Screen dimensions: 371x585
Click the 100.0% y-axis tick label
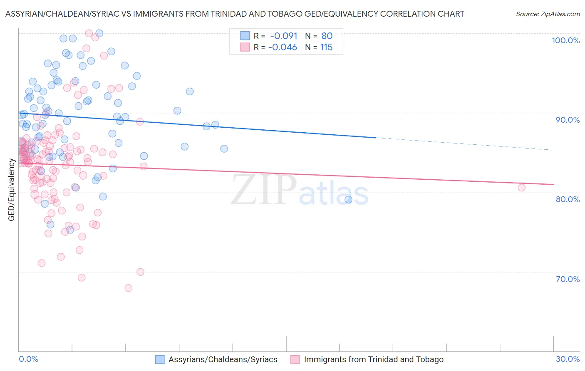[565, 40]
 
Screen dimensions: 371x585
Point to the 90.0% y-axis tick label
[568, 120]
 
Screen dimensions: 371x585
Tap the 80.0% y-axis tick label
[568, 199]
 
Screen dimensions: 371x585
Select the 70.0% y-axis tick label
[568, 279]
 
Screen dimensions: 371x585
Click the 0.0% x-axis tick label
[28, 359]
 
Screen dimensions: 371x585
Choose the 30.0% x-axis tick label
[568, 359]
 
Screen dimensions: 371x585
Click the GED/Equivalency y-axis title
[12, 190]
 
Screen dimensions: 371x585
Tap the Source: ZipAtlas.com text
[548, 14]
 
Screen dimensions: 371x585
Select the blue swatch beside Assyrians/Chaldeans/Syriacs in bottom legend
[160, 360]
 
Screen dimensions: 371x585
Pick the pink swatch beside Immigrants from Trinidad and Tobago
[295, 360]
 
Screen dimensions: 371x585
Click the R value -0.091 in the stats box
[284, 36]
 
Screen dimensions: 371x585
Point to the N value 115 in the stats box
[326, 47]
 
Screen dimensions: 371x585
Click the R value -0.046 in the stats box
[283, 47]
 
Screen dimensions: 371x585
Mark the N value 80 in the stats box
[327, 36]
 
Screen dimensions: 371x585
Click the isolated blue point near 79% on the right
[348, 200]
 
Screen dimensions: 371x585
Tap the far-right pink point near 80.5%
[521, 188]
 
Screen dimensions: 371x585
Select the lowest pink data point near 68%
[128, 288]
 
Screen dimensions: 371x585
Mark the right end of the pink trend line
[553, 184]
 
